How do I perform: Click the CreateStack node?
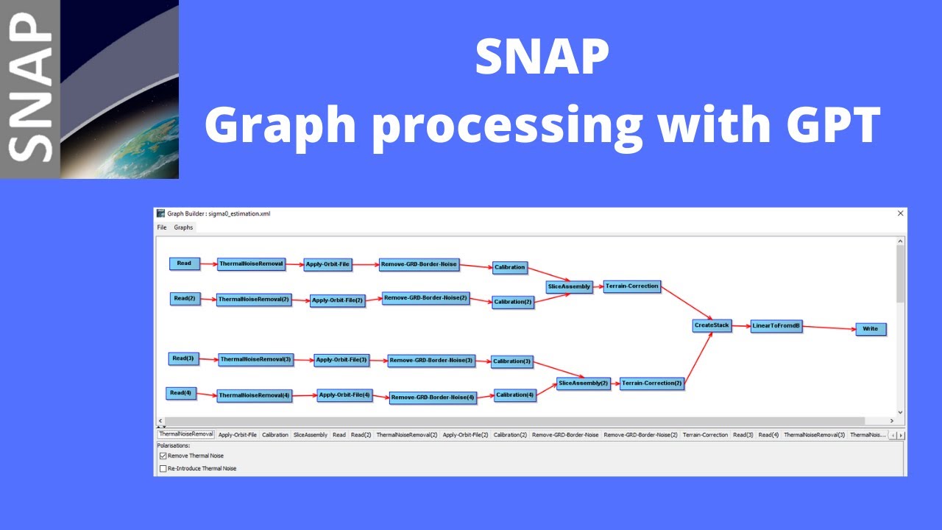tap(712, 325)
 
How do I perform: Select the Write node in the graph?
tap(871, 329)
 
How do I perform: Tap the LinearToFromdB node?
tap(776, 327)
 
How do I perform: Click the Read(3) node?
tap(183, 358)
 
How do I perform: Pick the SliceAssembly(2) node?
tap(583, 384)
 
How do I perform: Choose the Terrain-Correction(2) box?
tap(651, 384)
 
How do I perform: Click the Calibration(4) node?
tap(514, 395)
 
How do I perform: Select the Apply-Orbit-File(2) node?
tap(337, 300)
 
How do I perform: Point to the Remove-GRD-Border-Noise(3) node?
tap(431, 361)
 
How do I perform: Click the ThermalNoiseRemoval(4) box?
tap(255, 395)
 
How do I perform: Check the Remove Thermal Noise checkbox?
tap(163, 456)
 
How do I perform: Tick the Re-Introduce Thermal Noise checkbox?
tap(163, 469)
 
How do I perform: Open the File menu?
tap(162, 227)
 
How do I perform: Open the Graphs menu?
tap(183, 227)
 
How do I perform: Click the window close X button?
tap(900, 213)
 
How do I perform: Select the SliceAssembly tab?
tap(311, 435)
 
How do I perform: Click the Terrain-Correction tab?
tap(705, 435)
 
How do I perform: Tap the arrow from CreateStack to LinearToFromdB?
tap(741, 325)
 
